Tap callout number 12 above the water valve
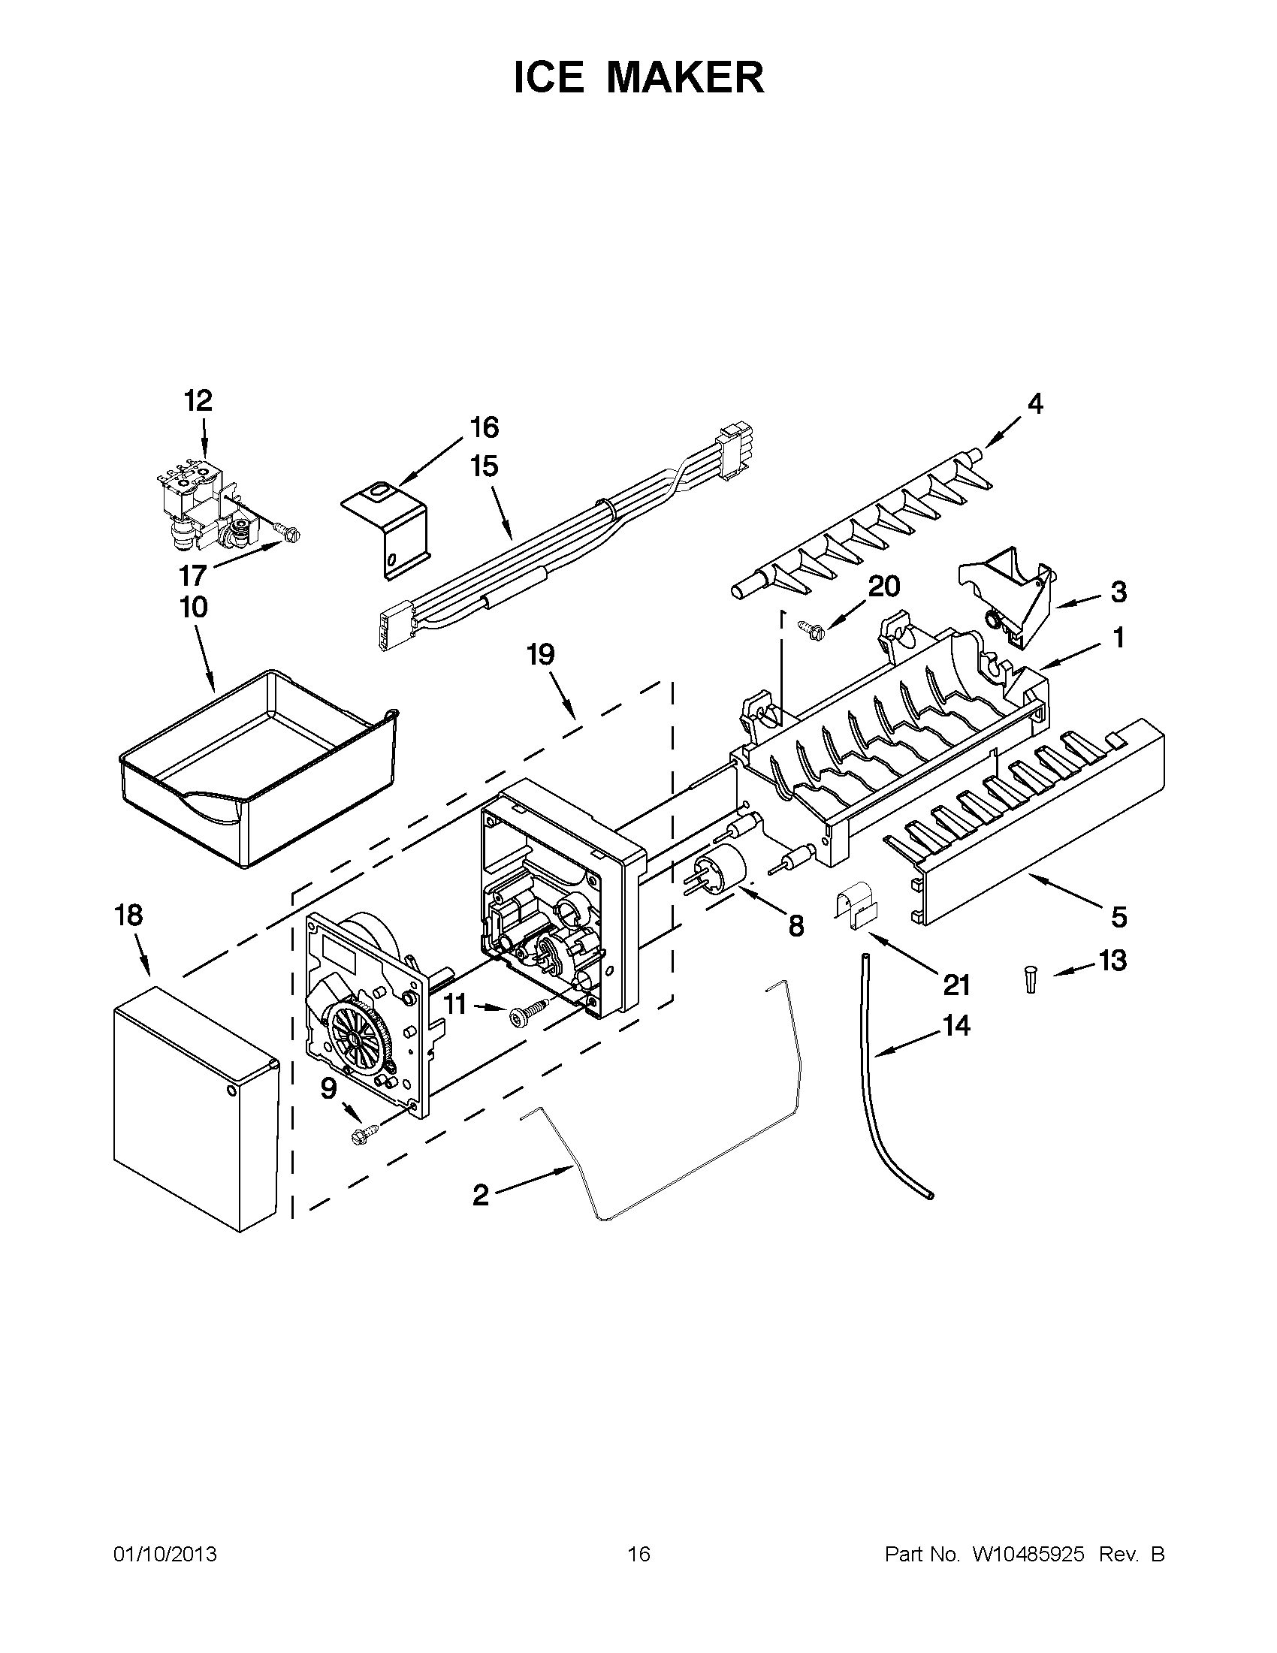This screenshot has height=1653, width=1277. tap(198, 401)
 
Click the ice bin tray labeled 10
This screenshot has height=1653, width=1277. tap(258, 765)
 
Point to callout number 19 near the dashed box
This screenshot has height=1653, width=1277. tap(541, 654)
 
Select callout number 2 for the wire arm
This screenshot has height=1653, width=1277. tap(480, 1196)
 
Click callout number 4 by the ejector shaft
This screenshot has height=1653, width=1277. tap(1035, 404)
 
